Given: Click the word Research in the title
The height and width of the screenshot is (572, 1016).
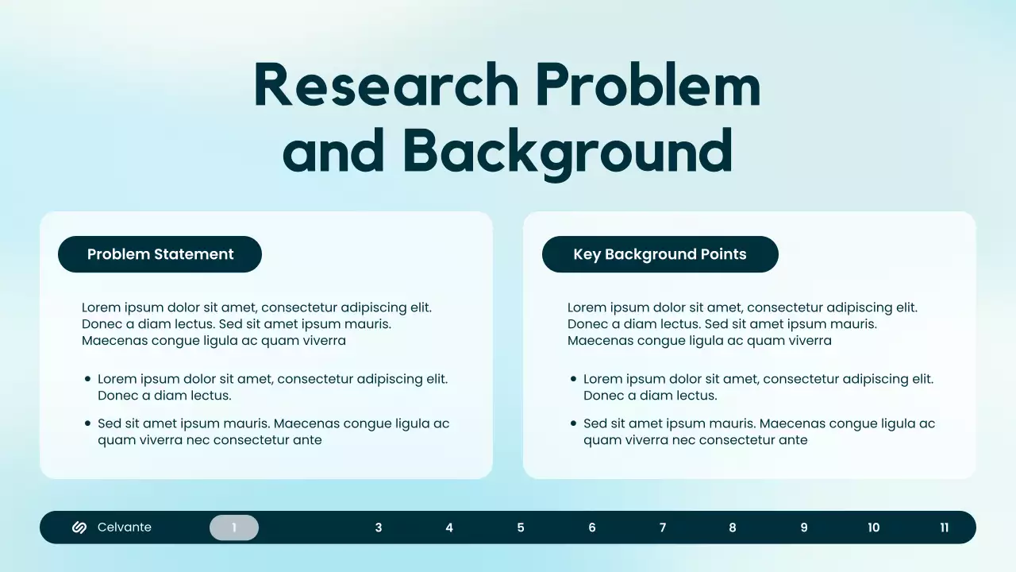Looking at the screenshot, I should coord(386,85).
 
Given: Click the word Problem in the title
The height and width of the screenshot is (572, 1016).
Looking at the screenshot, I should coord(648,85).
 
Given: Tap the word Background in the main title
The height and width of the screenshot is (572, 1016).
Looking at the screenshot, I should coord(568,150).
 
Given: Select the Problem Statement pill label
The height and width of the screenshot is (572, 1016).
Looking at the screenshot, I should coord(160,254).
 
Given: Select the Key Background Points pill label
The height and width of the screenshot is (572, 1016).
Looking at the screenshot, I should coord(660,254).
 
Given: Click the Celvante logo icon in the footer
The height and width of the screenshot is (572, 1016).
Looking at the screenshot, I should coord(79,528).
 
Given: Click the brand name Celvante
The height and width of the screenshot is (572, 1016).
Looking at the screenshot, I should coord(125,528).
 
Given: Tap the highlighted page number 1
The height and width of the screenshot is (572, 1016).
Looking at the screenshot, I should coord(234,528).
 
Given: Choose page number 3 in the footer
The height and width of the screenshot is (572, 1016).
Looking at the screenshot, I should coord(379,528).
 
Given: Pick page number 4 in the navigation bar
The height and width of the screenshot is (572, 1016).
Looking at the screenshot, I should coord(449,528).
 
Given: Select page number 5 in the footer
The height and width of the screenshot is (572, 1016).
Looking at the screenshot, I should coord(521,528).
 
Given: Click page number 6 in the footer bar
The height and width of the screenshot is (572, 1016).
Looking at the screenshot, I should coord(592,528).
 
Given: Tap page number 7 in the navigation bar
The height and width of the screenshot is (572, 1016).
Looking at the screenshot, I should coord(663,528).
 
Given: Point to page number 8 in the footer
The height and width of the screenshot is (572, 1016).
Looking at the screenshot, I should coord(733,528).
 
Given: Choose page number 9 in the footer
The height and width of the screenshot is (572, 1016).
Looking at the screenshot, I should coord(804,528).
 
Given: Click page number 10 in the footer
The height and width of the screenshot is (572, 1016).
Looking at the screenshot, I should coord(874,528).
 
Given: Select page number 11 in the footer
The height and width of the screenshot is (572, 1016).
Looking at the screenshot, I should coord(945,528).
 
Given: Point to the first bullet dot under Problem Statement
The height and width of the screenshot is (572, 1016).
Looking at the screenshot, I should coord(87,380).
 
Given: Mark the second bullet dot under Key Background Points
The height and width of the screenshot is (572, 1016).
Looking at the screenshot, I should coord(573,424).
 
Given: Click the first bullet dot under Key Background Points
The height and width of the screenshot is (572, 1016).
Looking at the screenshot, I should coord(573,380).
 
